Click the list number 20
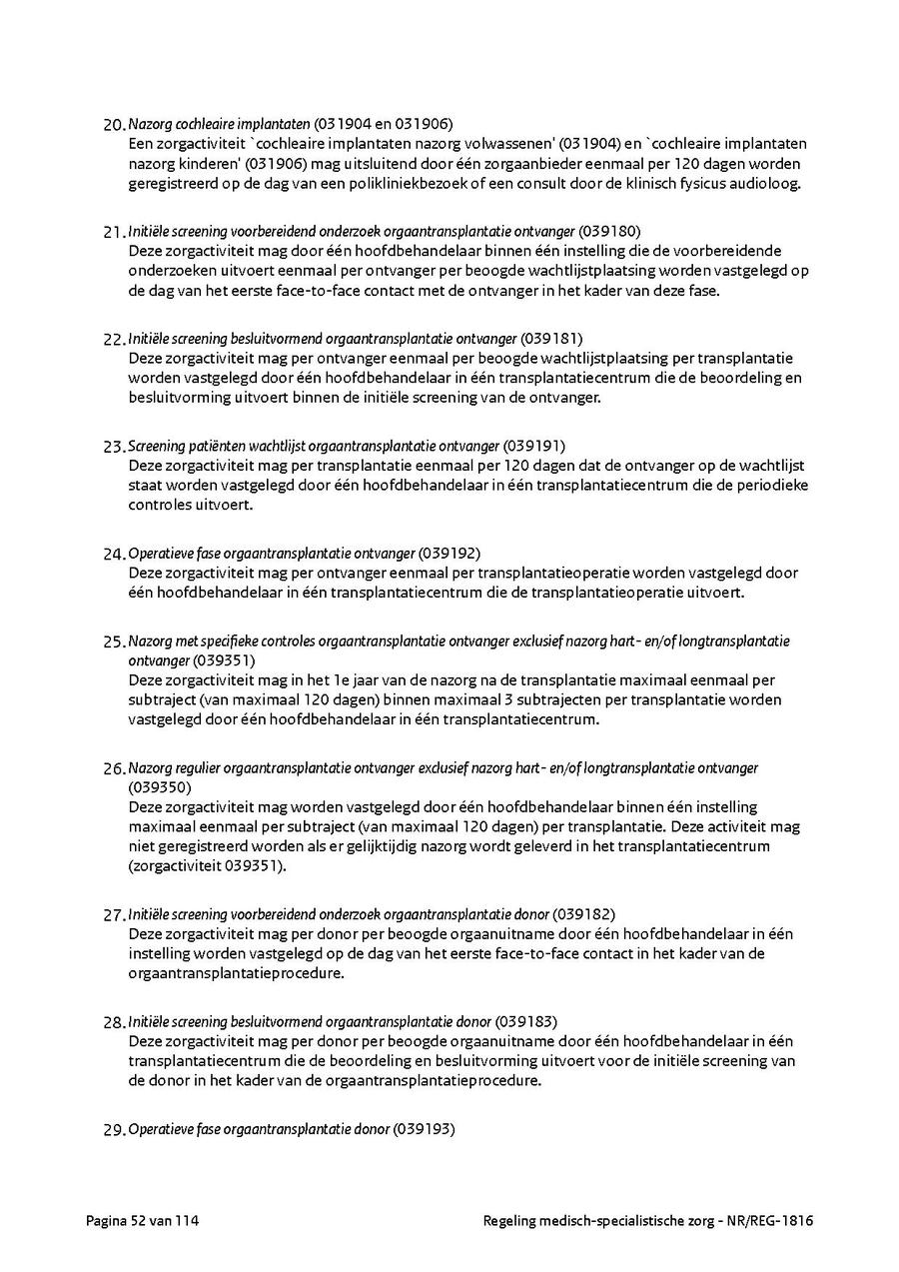(113, 125)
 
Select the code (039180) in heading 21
(609, 231)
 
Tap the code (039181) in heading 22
(551, 338)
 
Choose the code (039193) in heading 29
(424, 1129)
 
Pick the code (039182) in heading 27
(584, 914)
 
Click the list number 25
(113, 641)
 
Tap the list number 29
(113, 1130)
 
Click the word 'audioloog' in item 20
(769, 183)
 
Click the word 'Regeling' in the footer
(510, 1220)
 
